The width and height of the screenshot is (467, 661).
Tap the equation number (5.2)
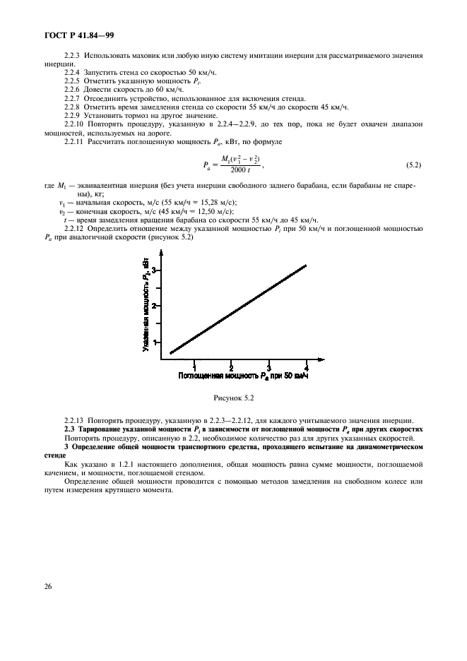pos(413,165)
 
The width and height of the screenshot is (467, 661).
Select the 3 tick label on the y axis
pos(153,269)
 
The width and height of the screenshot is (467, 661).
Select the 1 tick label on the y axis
pos(153,342)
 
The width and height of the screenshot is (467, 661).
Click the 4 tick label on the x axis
pos(306,367)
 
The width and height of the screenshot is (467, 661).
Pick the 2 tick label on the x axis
pos(232,367)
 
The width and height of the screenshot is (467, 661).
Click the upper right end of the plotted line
pos(305,266)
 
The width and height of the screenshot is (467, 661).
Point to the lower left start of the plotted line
pos(170,352)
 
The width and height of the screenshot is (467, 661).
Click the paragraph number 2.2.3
pos(72,55)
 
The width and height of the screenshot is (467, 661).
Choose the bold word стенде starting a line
pos(53,455)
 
